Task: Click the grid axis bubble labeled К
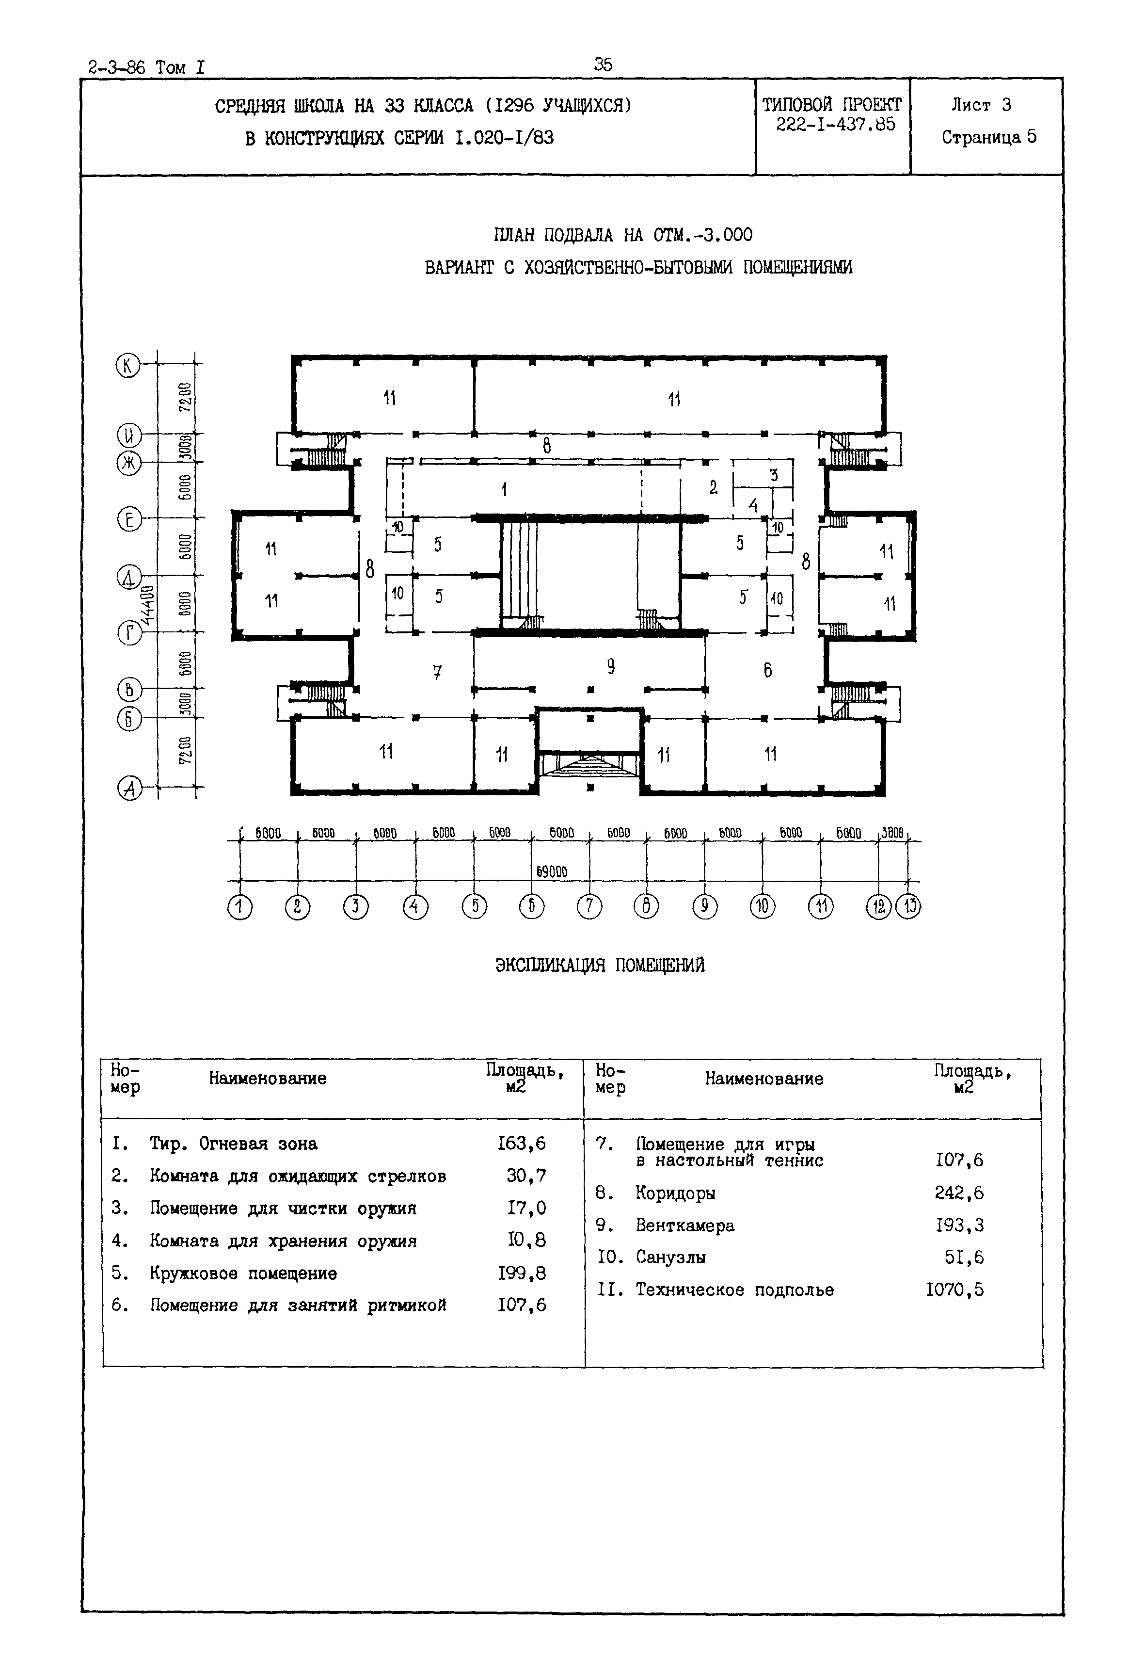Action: coord(128,365)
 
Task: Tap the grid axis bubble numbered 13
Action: coord(909,907)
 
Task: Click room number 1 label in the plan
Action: coord(504,489)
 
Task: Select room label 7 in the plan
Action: coord(437,672)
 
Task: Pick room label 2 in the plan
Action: coord(713,488)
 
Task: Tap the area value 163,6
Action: coord(522,1144)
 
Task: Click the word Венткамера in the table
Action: coord(684,1226)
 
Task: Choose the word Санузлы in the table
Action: coord(670,1258)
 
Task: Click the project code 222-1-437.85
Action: coord(835,124)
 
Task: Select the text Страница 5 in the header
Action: coord(988,137)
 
